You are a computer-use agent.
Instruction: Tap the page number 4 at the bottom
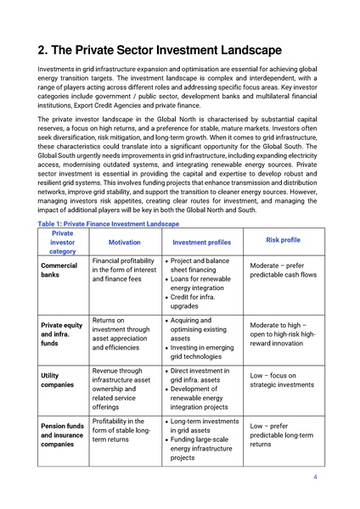(x=315, y=477)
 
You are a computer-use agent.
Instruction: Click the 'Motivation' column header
(x=125, y=242)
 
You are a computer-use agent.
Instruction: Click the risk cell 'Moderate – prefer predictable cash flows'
(x=283, y=270)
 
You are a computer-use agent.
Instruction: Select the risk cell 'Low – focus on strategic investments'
(x=283, y=379)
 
